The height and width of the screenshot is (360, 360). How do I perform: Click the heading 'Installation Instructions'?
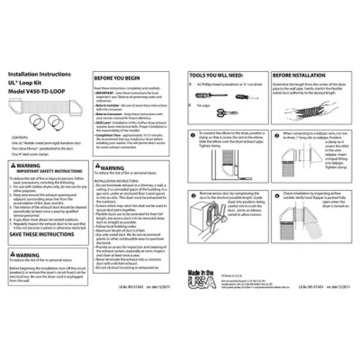[x=39, y=77]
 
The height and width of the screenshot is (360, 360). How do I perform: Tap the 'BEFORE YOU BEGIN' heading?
[x=120, y=77]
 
